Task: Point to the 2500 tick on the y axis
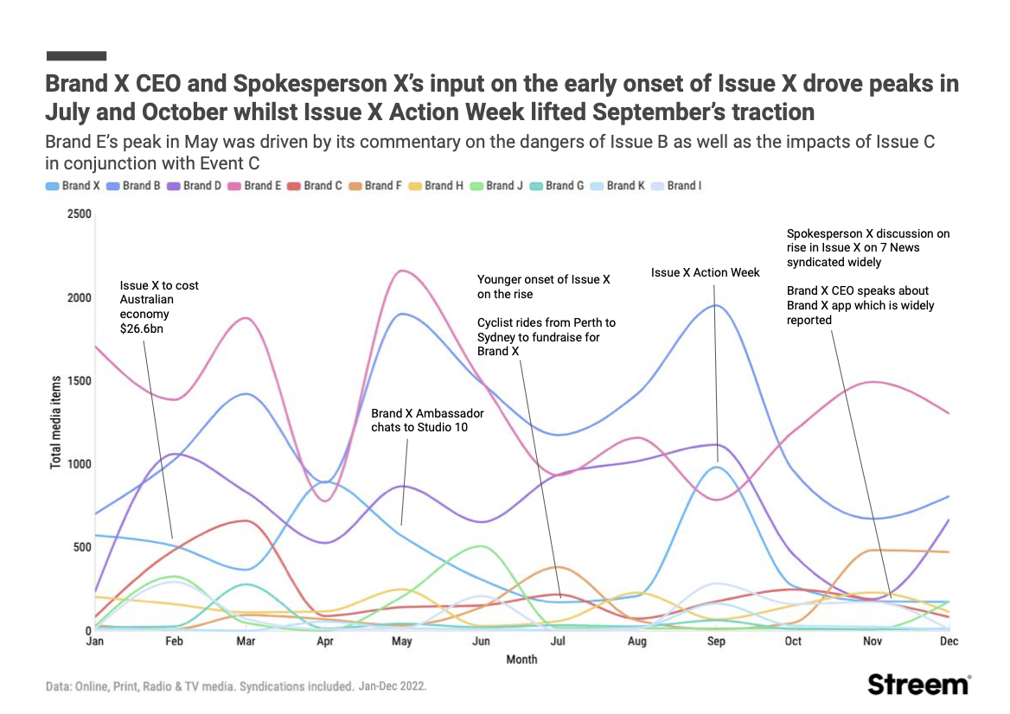79,214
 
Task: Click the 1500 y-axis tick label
79,381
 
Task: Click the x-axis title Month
521,660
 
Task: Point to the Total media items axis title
55,422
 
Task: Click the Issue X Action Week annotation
705,272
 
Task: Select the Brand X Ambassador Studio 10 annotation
426,420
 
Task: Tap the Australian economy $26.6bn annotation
159,307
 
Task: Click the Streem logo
919,684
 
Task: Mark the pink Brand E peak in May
402,271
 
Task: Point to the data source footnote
236,686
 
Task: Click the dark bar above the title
76,56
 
